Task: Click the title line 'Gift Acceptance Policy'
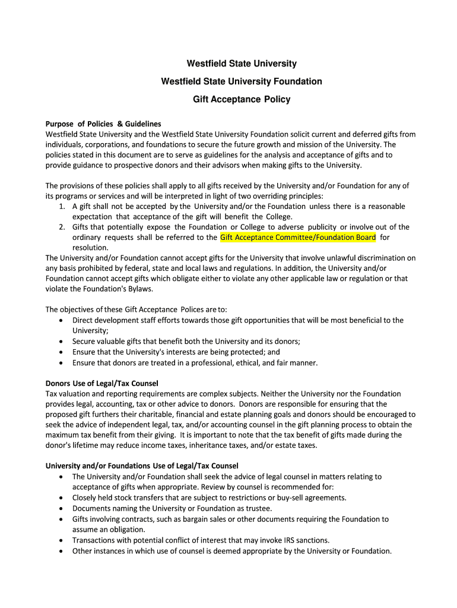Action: coord(242,99)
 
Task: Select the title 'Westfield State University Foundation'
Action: coord(242,81)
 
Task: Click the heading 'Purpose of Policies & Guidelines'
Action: coord(103,123)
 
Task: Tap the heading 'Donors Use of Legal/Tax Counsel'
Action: coord(102,383)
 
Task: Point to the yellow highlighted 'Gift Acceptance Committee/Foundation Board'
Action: coord(298,237)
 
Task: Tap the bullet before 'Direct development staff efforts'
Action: coord(62,321)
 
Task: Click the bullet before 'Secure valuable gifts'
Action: coord(62,341)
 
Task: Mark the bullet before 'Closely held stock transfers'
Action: coord(62,498)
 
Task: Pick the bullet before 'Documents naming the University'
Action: coord(62,509)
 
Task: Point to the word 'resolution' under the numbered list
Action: coord(90,248)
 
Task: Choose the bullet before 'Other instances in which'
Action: coord(62,551)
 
